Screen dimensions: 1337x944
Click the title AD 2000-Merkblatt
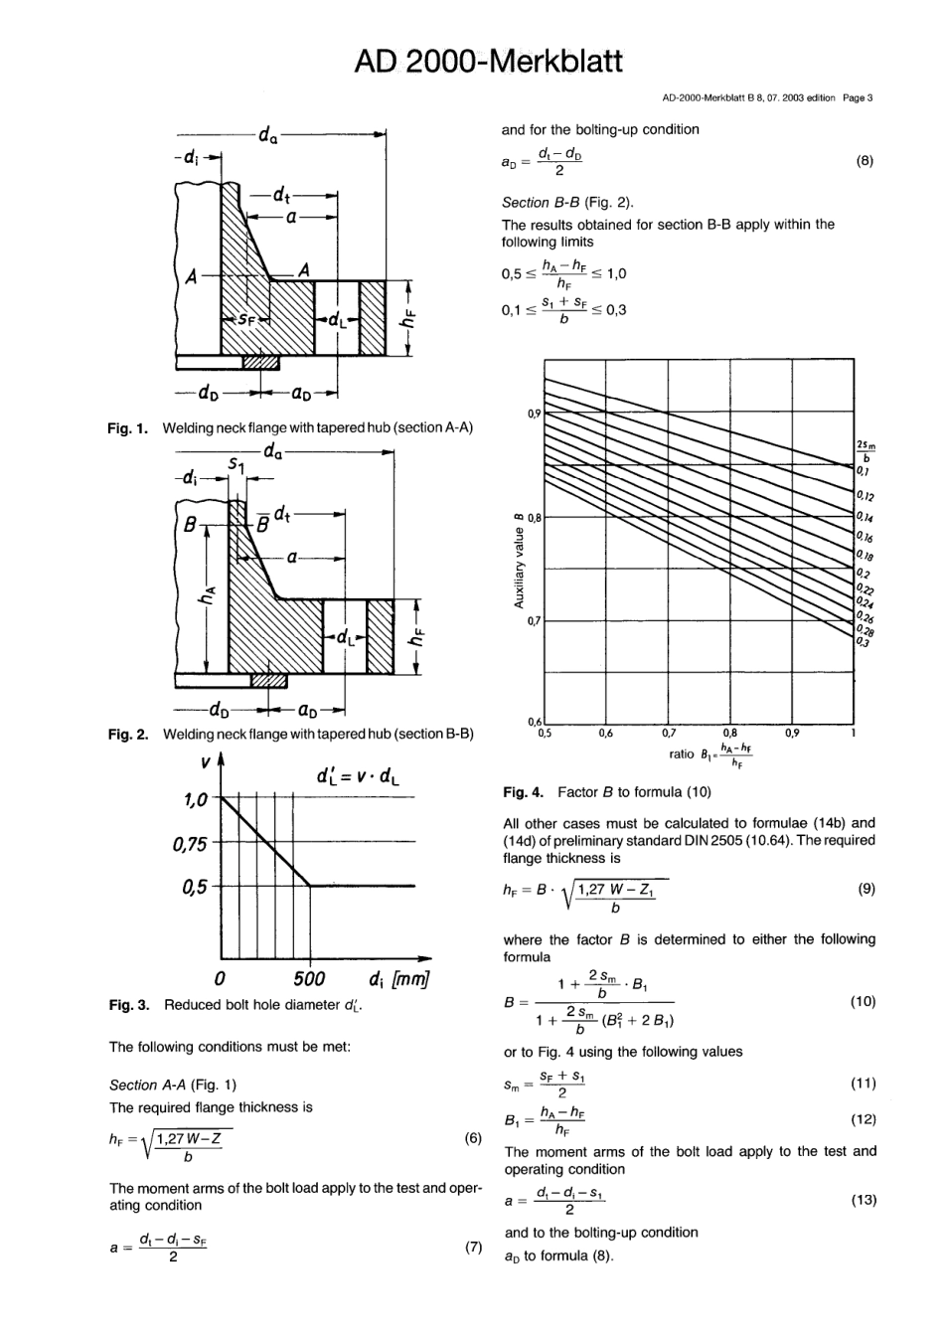click(488, 61)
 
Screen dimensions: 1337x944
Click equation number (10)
click(864, 1001)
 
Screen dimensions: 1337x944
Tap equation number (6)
click(473, 1139)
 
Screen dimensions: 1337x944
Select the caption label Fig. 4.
click(523, 792)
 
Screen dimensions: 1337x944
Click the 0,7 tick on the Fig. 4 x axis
click(668, 734)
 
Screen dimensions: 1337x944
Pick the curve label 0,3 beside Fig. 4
click(863, 642)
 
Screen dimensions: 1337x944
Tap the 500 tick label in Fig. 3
click(309, 978)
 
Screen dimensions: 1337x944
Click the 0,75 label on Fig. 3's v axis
click(189, 844)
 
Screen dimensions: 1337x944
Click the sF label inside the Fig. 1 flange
click(245, 320)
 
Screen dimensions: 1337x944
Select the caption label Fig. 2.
click(128, 734)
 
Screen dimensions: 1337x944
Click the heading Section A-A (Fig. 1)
click(173, 1085)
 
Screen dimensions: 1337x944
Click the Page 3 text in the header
click(857, 98)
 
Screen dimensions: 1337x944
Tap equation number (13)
click(864, 1200)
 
